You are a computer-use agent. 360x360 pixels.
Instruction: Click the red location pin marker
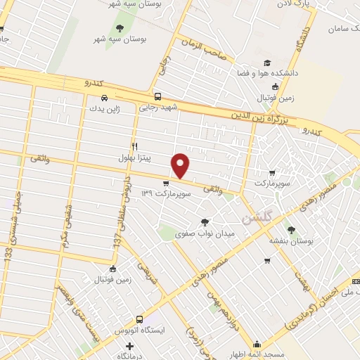pos(181,166)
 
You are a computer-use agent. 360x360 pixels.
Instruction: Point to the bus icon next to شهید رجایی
pos(157,97)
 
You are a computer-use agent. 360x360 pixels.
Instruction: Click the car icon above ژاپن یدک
pos(104,97)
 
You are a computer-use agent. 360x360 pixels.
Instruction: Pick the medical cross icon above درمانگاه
pos(129,346)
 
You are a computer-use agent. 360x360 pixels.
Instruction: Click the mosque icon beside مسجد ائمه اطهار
pos(258,345)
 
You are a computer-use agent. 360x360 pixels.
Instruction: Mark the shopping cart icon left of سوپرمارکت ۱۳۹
pos(166,182)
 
